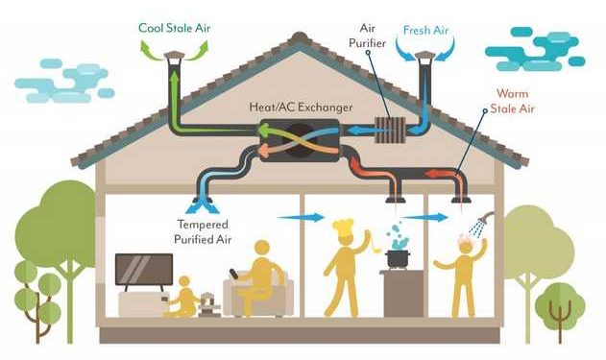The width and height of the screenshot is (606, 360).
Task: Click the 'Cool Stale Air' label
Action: click(174, 27)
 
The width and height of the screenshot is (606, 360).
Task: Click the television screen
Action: click(144, 270)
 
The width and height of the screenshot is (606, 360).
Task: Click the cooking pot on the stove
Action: click(397, 258)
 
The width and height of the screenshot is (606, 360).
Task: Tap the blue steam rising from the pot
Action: click(397, 235)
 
